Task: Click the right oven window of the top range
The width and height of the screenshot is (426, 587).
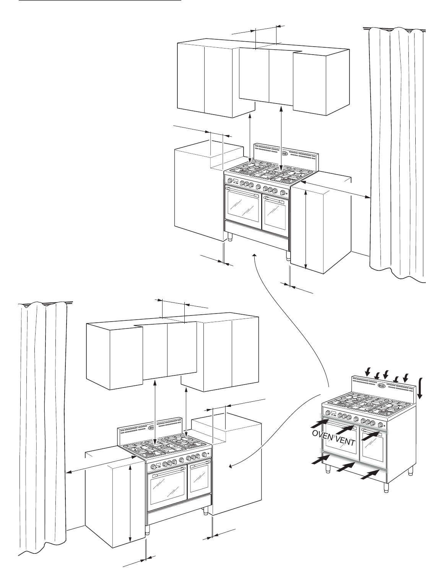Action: pos(275,212)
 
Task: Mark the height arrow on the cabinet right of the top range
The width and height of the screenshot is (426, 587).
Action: pos(306,229)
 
